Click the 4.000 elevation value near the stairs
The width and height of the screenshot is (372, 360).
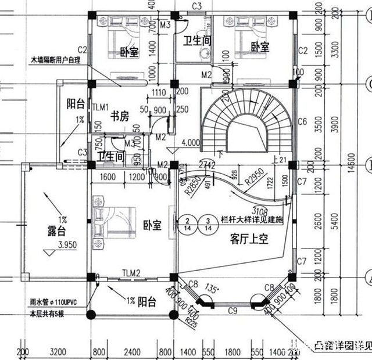click(191, 142)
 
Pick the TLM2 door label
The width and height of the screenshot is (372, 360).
click(131, 273)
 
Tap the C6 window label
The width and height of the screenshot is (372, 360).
click(302, 122)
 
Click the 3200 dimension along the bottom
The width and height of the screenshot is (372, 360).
click(56, 352)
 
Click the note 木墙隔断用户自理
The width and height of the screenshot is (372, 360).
click(55, 59)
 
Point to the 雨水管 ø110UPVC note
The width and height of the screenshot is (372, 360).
click(58, 302)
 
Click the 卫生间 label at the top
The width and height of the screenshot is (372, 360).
click(197, 40)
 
